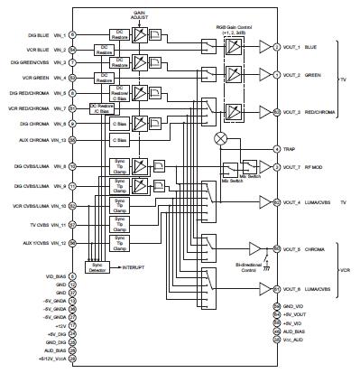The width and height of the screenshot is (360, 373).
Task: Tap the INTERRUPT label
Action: [139, 266]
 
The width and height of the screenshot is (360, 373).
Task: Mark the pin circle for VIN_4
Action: [71, 79]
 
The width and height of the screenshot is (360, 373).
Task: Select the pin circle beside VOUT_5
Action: [276, 247]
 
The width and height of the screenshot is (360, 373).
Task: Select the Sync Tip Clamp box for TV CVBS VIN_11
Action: [118, 222]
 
